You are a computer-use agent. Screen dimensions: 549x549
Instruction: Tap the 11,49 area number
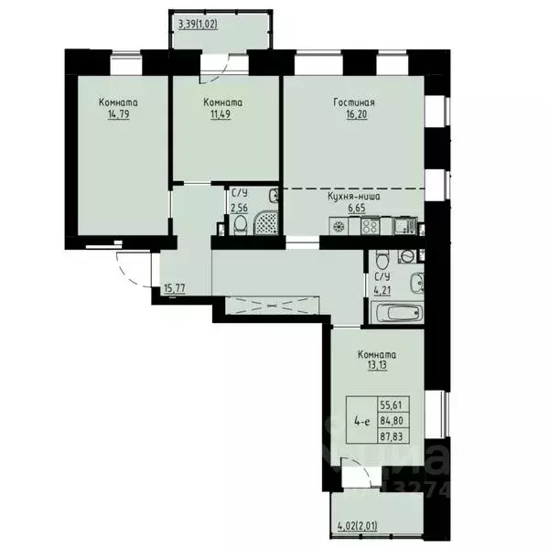(x=223, y=116)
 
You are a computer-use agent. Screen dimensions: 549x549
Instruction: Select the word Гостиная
(x=354, y=103)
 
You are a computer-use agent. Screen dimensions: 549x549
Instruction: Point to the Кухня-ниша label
(x=353, y=196)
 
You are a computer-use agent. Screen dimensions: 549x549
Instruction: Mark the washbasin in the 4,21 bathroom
(x=415, y=284)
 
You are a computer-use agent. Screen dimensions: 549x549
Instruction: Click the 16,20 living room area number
(x=354, y=116)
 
